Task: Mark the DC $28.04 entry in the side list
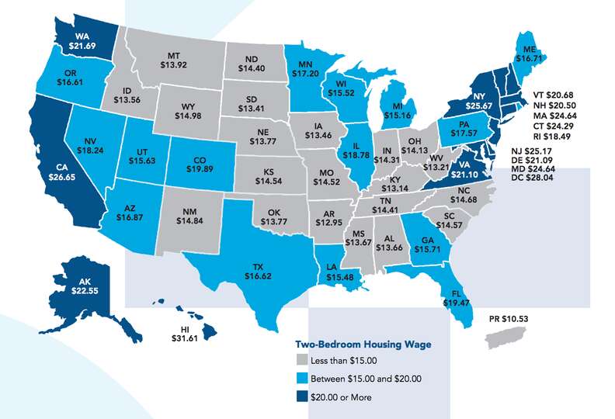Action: [x=533, y=187]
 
